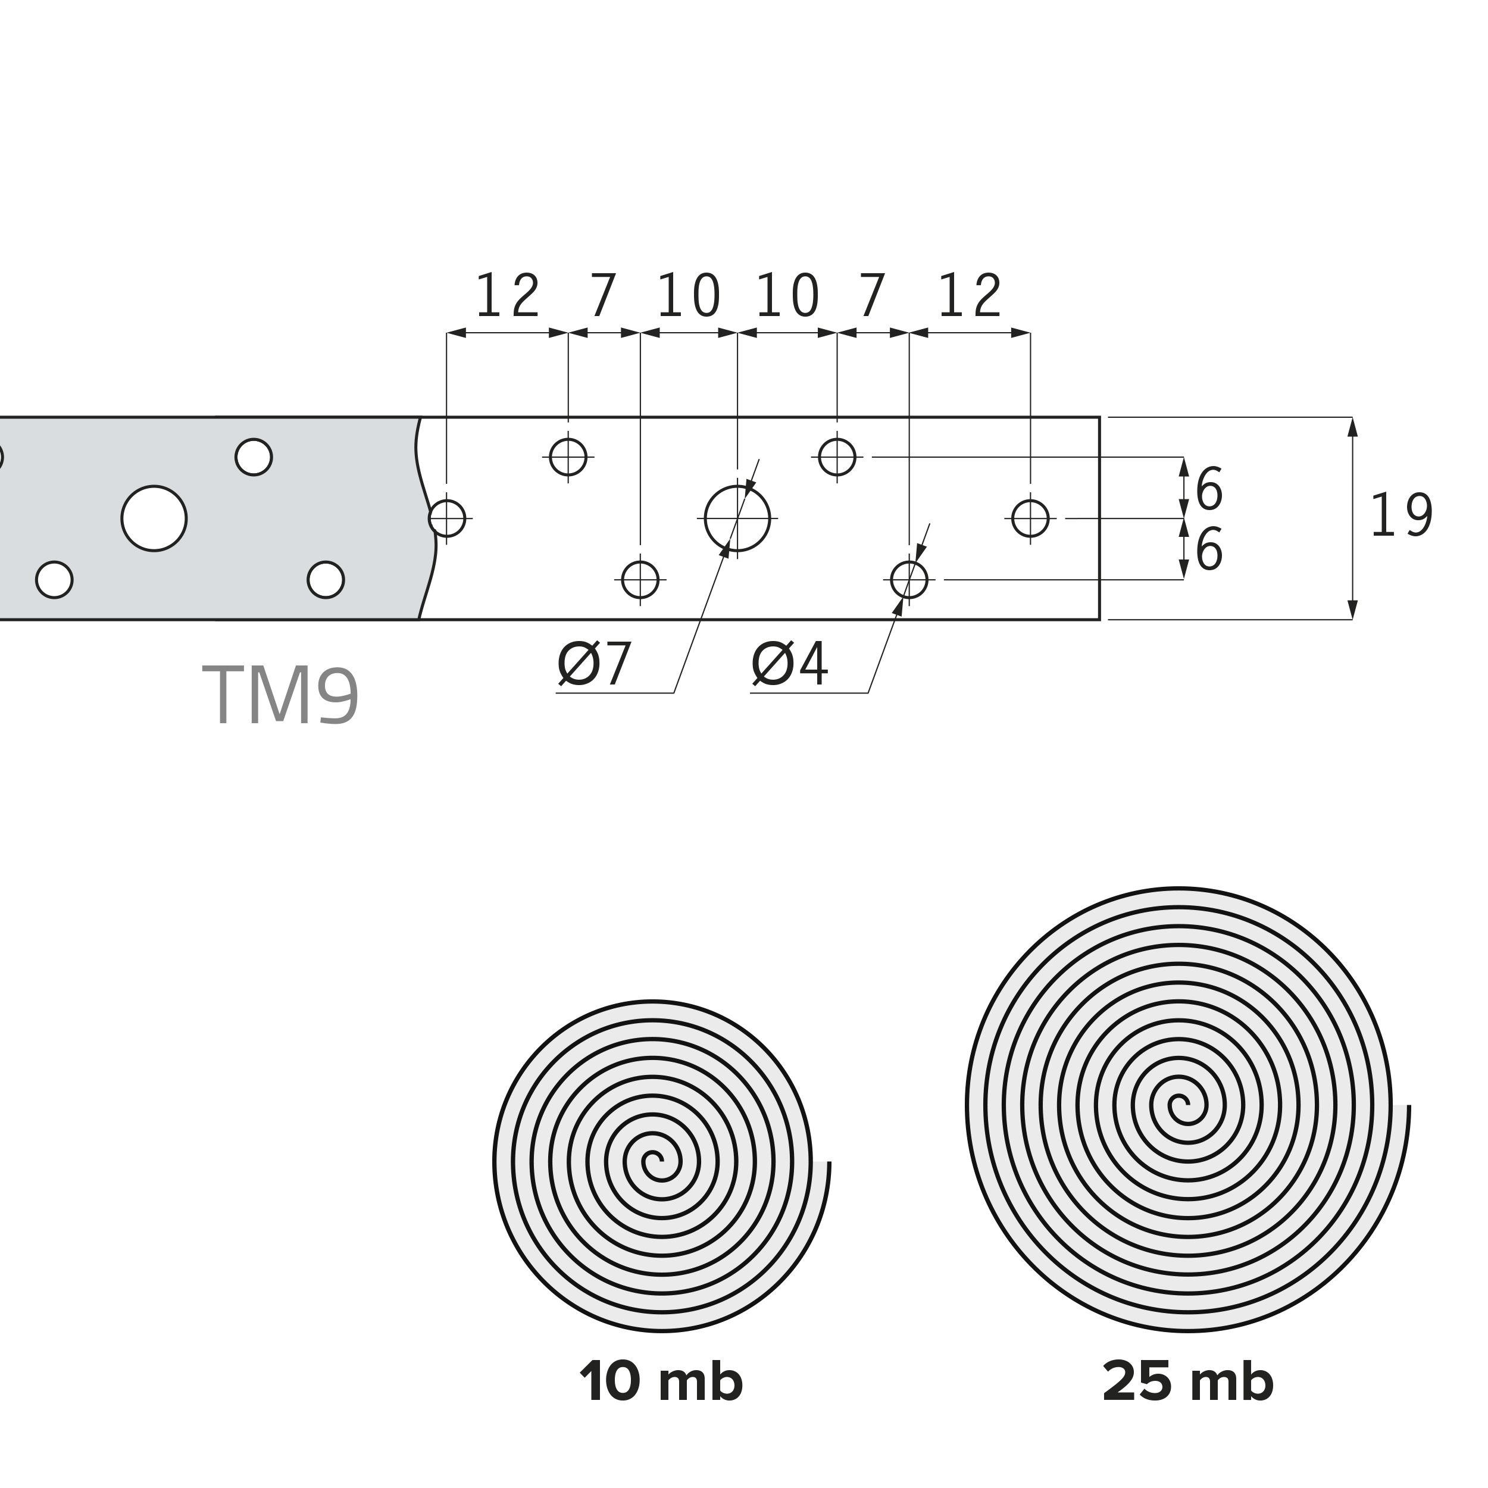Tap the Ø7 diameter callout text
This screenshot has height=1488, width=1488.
pos(595,665)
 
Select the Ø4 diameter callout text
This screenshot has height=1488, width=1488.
pos(789,665)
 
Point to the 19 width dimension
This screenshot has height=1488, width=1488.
pos(1402,515)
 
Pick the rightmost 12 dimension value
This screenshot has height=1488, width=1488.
pos(970,296)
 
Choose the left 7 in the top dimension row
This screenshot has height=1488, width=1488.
pos(605,296)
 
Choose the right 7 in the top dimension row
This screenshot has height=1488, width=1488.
pos(873,296)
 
